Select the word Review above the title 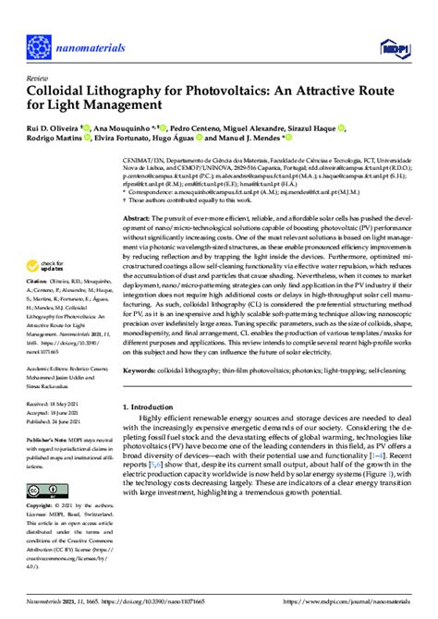pos(39,79)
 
